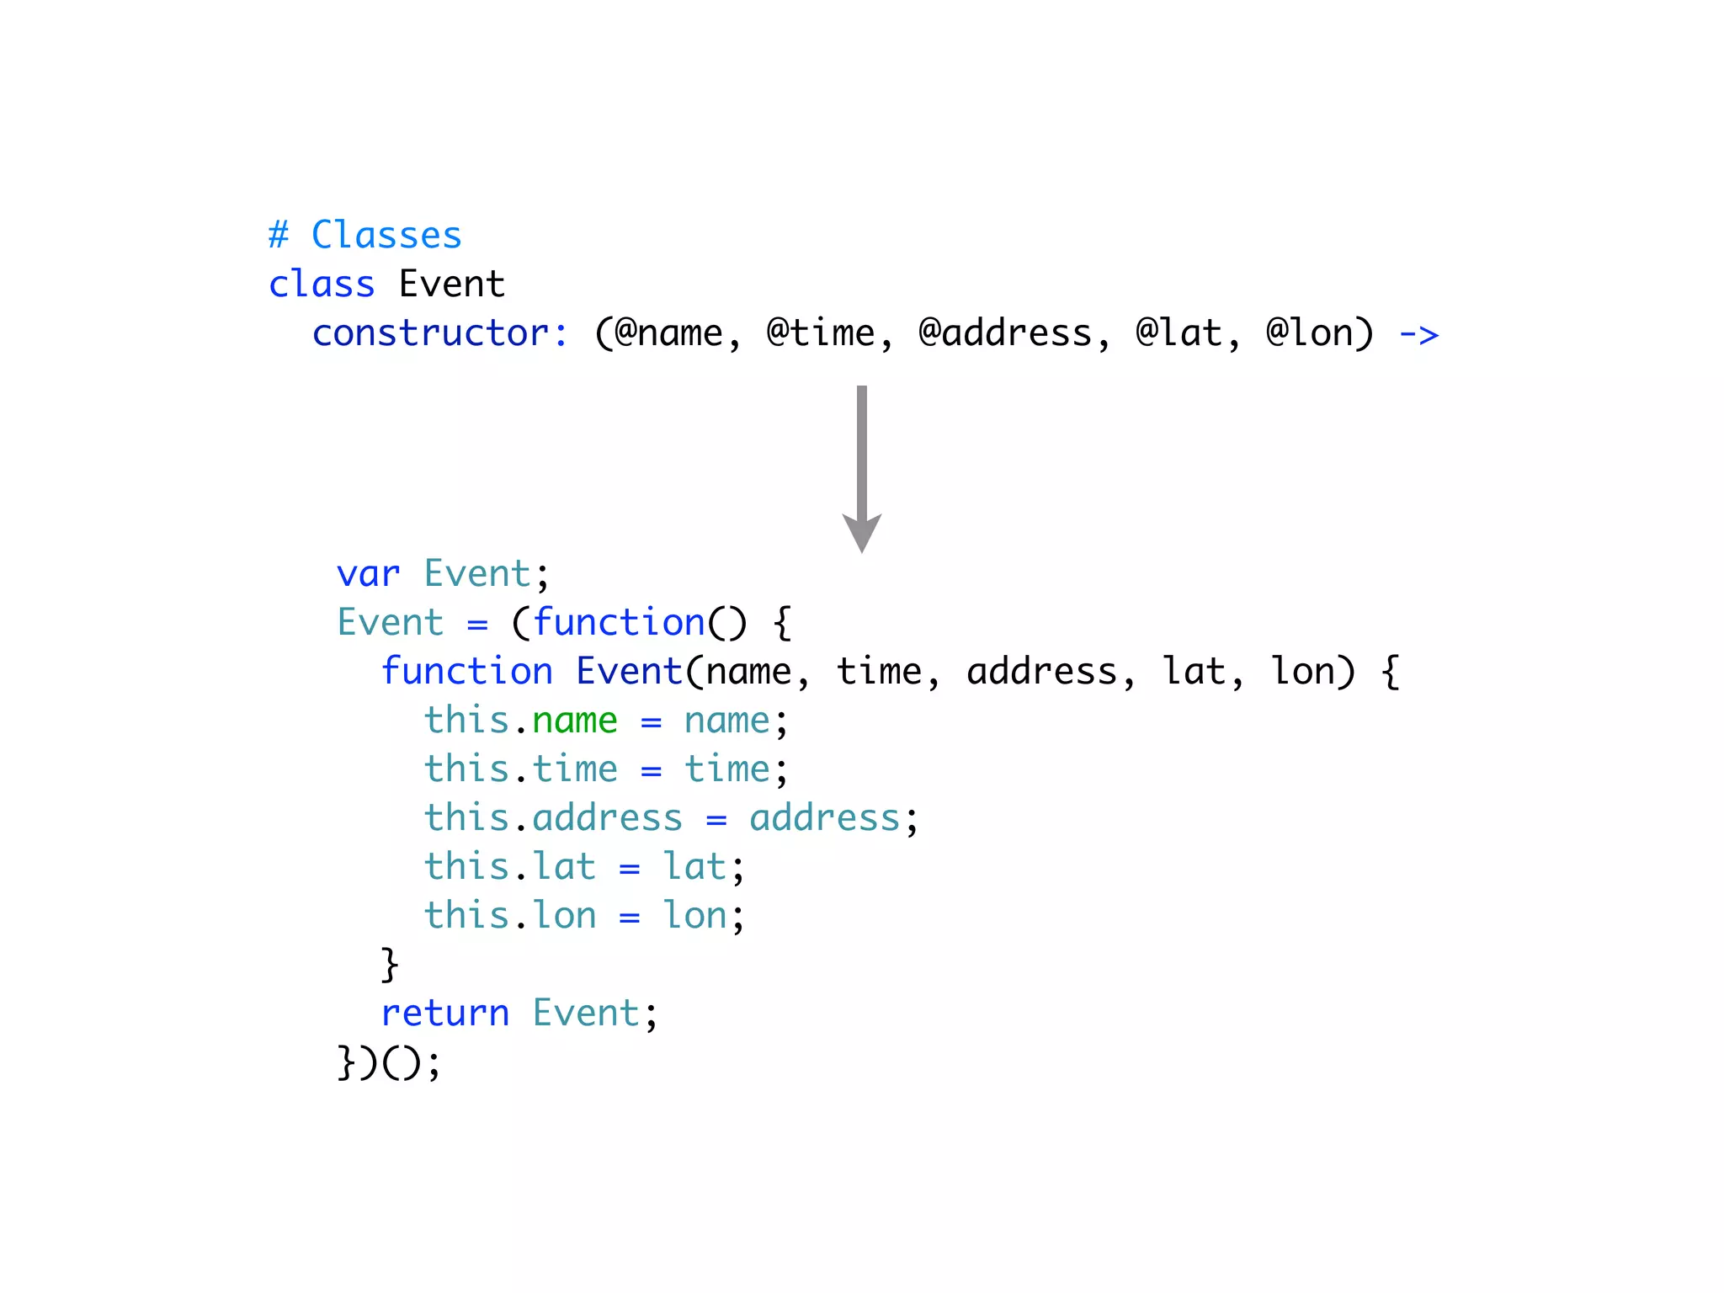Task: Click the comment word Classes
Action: (386, 235)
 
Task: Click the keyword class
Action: (322, 285)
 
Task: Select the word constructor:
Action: (440, 333)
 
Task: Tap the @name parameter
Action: (668, 333)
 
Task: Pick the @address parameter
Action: (1005, 333)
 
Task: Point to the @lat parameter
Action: (1179, 333)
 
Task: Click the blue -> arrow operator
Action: (1418, 335)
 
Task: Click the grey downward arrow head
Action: (862, 533)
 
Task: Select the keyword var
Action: (368, 575)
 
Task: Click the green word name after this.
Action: (575, 721)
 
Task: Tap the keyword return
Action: (445, 1014)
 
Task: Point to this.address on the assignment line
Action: (553, 818)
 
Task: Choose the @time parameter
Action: (821, 333)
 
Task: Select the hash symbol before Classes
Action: (279, 235)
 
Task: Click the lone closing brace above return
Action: (389, 965)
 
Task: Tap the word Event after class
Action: (451, 285)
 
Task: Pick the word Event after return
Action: (586, 1014)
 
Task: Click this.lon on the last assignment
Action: (510, 916)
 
